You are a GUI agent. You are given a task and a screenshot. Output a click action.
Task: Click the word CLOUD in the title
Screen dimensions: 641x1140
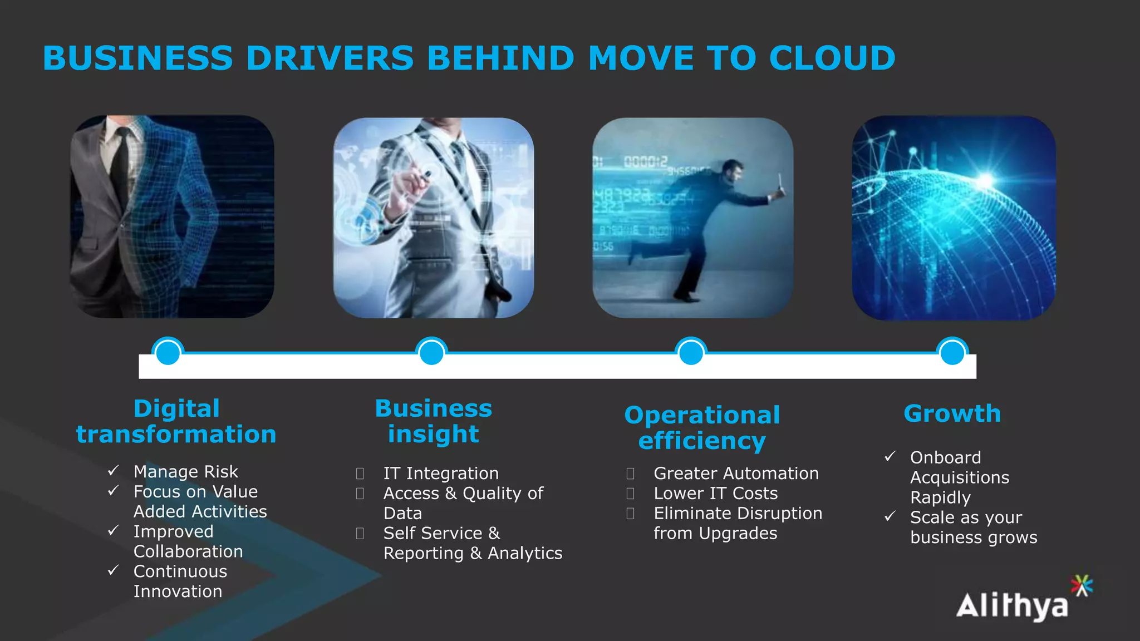pos(832,58)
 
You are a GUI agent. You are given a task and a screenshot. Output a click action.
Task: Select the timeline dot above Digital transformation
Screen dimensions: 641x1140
pos(168,352)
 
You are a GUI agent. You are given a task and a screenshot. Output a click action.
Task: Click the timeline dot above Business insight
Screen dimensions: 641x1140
pos(431,352)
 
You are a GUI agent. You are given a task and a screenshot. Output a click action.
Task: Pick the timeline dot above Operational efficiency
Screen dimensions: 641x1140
pos(691,352)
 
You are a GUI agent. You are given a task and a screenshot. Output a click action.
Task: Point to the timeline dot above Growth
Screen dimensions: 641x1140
pos(952,352)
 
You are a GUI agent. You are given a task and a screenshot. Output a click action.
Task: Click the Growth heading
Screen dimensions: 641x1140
pos(952,413)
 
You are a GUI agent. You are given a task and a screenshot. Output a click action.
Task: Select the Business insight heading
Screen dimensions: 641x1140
pos(433,421)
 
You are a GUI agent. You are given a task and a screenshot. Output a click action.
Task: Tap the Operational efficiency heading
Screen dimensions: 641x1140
pos(702,427)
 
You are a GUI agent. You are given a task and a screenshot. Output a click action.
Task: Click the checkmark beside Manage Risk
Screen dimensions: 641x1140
pos(113,471)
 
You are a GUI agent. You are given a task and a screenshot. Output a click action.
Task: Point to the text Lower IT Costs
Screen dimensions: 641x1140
pos(715,493)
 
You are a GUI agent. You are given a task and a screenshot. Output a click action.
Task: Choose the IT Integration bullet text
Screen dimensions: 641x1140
pos(441,473)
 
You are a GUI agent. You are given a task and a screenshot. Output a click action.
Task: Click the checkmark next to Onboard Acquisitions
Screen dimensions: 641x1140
pos(890,457)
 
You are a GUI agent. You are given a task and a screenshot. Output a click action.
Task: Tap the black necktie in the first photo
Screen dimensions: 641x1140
pos(120,167)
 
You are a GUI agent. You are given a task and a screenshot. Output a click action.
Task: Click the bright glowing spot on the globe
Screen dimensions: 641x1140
pos(986,180)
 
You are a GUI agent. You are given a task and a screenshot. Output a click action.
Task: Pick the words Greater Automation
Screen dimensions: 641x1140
pos(736,473)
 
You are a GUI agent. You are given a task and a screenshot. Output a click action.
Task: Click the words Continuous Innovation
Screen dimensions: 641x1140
pos(180,581)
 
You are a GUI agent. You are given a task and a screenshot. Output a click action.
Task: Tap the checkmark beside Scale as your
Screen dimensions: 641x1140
pos(890,516)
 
